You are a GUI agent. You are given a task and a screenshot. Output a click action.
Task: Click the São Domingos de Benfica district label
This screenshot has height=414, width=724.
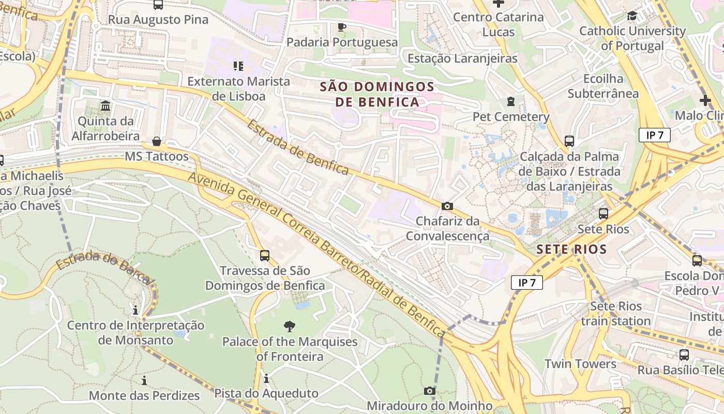[x=376, y=94]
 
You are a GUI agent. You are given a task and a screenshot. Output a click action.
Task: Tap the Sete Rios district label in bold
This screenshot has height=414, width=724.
[x=571, y=249]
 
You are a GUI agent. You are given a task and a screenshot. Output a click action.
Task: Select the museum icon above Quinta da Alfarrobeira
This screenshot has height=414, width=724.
[x=106, y=106]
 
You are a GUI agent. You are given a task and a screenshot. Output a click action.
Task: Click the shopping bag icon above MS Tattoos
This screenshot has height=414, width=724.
[x=156, y=141]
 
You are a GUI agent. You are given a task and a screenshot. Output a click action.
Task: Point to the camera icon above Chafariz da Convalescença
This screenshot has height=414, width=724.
[x=447, y=206]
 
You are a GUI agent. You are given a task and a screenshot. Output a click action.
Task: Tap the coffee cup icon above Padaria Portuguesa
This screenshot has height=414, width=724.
[x=341, y=27]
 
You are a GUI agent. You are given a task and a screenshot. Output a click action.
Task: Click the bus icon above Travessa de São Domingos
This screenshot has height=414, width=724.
[x=265, y=255]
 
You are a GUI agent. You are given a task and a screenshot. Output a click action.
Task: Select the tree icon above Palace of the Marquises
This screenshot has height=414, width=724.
[x=290, y=326]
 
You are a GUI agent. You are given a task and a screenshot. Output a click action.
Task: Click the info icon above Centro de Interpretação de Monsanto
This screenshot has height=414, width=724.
[x=135, y=310]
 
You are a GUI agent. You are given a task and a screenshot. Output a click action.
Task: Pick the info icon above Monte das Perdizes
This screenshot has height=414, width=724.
[x=144, y=381]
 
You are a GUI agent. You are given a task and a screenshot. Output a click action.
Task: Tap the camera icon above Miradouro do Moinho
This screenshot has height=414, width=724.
[x=430, y=391]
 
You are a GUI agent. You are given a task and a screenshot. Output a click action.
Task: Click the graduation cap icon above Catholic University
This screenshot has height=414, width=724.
[x=632, y=16]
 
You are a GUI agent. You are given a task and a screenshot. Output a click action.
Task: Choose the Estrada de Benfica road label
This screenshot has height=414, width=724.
[x=298, y=147]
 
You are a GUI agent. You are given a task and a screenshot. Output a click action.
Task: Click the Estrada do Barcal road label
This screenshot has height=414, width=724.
[x=105, y=267]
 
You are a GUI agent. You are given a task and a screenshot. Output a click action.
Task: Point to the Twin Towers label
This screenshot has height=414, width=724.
[x=580, y=364]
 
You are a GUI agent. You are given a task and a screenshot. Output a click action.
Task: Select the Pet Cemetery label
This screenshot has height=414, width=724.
[x=511, y=117]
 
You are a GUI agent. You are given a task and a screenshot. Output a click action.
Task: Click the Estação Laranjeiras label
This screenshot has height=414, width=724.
[x=462, y=58]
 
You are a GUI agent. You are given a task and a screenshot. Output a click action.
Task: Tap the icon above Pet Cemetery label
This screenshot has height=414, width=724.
[x=511, y=101]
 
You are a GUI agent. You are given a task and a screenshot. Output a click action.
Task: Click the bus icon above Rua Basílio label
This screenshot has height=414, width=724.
[x=684, y=355]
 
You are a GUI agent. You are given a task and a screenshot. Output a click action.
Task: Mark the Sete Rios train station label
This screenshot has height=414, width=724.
[x=615, y=314]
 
